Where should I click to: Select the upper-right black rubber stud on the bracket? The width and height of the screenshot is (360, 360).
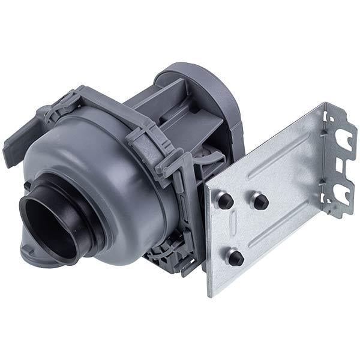pos(260,201)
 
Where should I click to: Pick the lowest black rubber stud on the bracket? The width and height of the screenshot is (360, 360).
pos(236,257)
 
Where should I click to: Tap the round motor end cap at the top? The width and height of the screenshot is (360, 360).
pos(198,90)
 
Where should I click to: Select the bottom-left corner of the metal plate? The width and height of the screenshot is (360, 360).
pos(209,295)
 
